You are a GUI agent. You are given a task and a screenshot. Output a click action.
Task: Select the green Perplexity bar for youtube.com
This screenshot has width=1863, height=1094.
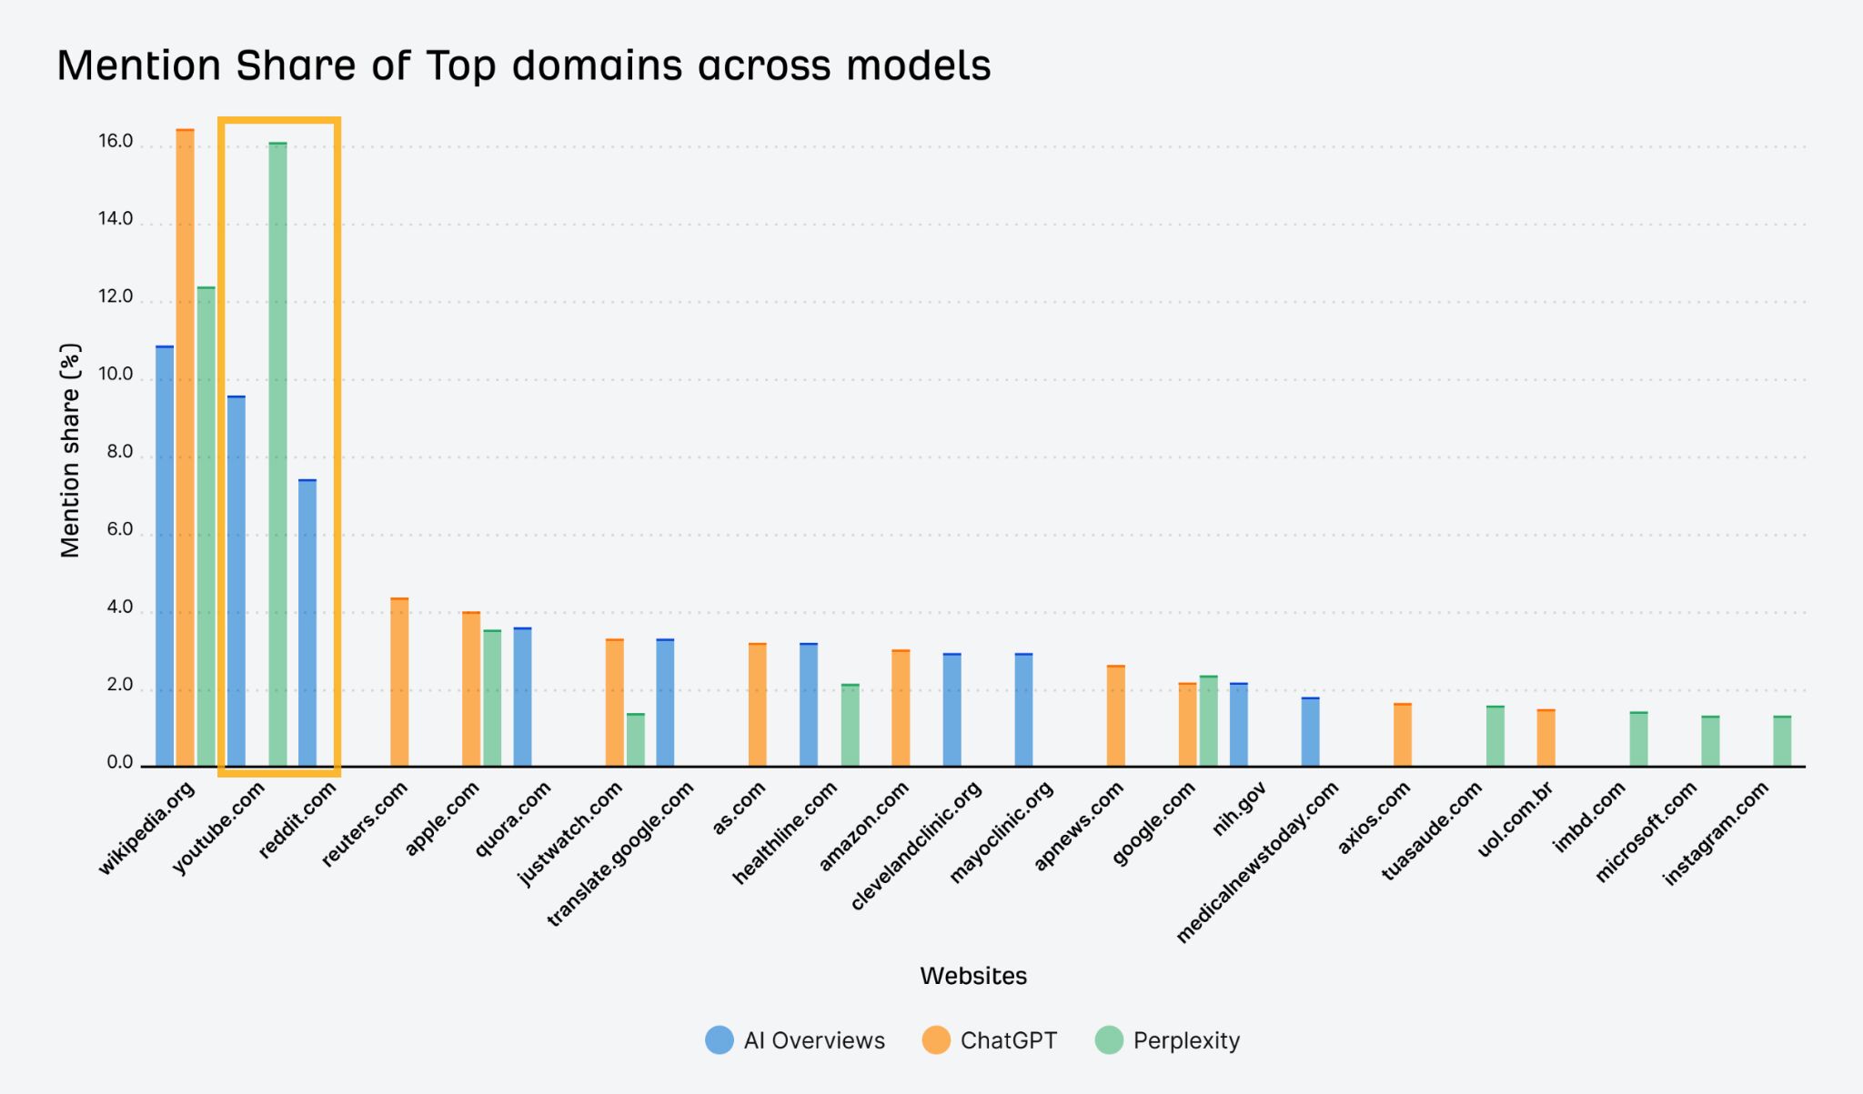point(277,455)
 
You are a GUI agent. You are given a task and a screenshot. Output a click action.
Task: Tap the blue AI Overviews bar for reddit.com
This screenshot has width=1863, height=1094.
point(307,623)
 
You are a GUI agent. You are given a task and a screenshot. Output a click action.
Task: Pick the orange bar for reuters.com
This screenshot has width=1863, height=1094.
point(399,682)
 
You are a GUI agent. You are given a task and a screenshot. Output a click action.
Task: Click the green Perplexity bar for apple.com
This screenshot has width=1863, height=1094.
point(492,698)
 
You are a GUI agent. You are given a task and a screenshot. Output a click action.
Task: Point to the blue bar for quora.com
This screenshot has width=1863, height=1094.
point(522,698)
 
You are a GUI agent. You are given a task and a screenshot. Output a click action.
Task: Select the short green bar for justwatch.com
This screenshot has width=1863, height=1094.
point(635,740)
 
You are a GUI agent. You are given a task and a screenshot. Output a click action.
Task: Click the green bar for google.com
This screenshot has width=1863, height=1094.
point(1208,721)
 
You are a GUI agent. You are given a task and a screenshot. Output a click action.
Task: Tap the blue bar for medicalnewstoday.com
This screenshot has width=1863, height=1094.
point(1310,732)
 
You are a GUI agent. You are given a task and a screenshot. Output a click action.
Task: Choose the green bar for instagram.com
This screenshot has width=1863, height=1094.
point(1782,741)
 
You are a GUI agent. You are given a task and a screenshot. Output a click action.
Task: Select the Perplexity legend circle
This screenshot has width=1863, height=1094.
point(1109,1040)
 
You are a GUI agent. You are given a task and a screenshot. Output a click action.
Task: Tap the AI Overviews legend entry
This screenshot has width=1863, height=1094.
point(796,1040)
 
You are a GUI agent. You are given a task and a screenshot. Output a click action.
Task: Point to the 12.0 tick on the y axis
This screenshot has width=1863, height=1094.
point(116,296)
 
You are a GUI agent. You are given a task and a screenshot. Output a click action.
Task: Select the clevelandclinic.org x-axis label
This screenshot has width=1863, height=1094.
point(918,845)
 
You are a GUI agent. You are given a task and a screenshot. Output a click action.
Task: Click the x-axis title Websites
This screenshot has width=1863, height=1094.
point(972,976)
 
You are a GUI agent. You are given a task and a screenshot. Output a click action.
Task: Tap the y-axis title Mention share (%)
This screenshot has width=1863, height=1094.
point(70,450)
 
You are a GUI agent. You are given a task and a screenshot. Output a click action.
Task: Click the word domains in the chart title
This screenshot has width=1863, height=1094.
point(597,65)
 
